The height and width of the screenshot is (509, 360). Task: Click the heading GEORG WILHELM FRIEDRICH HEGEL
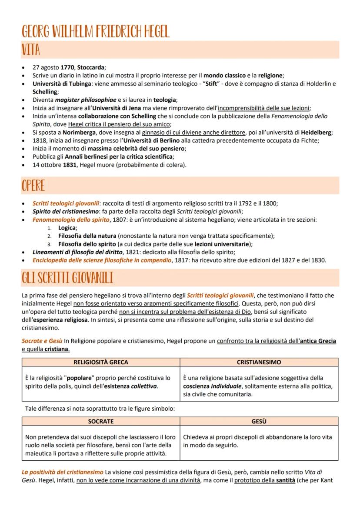point(95,31)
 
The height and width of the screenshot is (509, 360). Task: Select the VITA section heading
point(31,50)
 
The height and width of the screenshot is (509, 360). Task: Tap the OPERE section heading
point(33,186)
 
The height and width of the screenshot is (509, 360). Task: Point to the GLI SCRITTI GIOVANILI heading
point(67,278)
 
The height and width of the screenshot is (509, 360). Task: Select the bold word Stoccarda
point(91,67)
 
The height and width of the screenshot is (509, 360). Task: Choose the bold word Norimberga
point(78,133)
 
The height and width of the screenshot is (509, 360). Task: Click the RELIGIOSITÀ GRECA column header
point(100,362)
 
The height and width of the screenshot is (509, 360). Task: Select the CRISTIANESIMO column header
point(259,362)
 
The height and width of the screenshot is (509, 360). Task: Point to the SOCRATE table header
point(100,422)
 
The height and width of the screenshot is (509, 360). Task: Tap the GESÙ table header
point(259,422)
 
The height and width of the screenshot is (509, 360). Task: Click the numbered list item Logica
point(67,228)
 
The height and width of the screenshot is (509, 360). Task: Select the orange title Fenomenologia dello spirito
point(71,220)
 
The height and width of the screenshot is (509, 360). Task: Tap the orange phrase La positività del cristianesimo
point(63,472)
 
